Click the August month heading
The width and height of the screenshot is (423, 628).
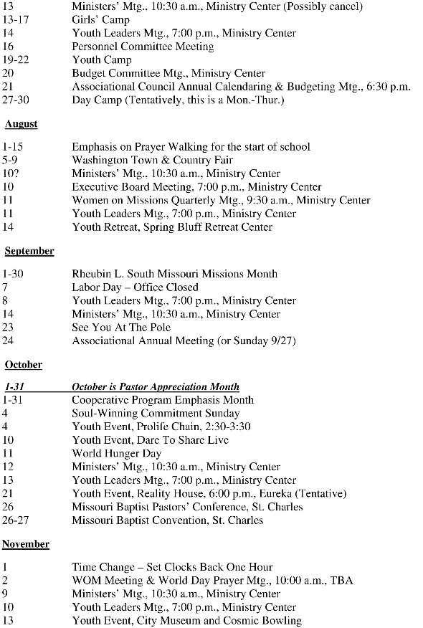coord(21,124)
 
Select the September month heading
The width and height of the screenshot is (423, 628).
coord(29,252)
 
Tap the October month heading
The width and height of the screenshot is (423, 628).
coord(24,365)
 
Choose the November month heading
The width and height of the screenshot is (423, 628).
coord(26,544)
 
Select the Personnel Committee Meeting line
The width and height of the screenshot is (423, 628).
coord(143,47)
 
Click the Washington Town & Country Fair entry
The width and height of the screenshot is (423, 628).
coord(152,161)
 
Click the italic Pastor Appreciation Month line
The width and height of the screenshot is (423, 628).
coord(156,387)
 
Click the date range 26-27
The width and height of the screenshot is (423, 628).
coord(14,520)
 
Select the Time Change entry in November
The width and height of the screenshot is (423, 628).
coord(172,567)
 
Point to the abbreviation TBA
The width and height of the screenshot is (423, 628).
coord(342,581)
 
